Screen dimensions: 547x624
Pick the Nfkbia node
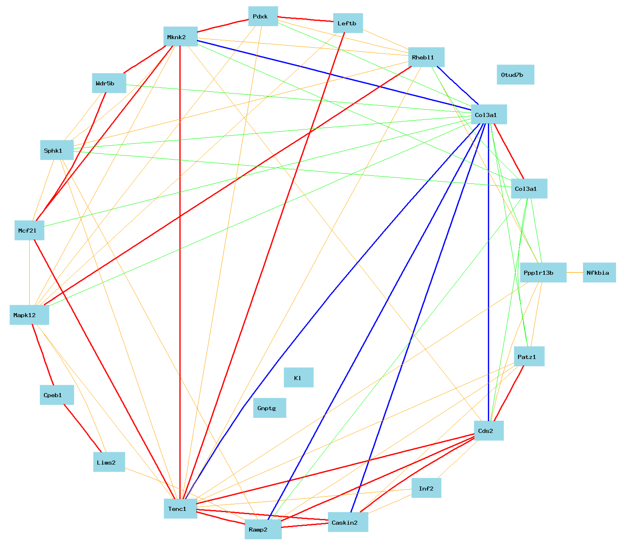(x=599, y=272)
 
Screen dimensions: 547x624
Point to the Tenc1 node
(x=180, y=509)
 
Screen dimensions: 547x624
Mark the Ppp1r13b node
(x=543, y=272)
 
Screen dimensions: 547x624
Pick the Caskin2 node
(x=348, y=522)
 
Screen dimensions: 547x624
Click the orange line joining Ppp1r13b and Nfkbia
(x=575, y=272)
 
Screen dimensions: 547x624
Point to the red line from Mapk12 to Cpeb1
(x=43, y=354)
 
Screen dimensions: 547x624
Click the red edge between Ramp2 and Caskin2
(x=305, y=525)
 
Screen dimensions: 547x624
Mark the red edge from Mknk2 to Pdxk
(x=223, y=26)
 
